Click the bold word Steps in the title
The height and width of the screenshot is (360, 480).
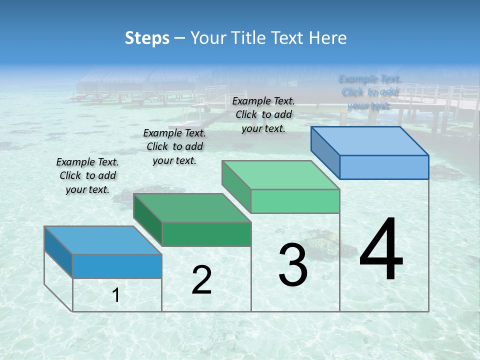[147, 38]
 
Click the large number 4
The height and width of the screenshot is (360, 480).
[381, 250]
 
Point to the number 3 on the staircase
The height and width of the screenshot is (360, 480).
[293, 265]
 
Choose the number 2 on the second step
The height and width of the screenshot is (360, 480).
[201, 280]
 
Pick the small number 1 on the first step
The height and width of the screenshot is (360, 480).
[116, 295]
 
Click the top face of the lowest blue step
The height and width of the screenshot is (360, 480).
[102, 240]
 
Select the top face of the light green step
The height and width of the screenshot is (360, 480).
[280, 175]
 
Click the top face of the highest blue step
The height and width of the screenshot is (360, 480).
[369, 140]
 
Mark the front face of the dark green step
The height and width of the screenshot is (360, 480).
[206, 234]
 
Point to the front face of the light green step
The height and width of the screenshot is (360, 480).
[295, 201]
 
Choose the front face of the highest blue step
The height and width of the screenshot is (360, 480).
[384, 167]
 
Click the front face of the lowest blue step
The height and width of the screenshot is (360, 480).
[117, 266]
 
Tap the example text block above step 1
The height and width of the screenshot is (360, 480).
[87, 176]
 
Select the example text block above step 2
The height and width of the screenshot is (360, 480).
[174, 146]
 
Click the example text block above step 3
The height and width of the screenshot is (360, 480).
[263, 114]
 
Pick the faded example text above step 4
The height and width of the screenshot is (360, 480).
[370, 92]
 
